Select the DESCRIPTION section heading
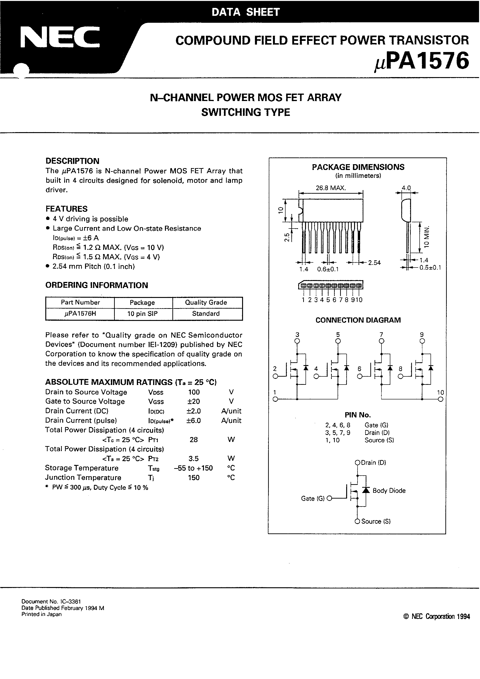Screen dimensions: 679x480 pyautogui.click(x=72, y=161)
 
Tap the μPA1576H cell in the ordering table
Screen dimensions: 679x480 pyautogui.click(x=80, y=314)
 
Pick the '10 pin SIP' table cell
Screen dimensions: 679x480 pyautogui.click(x=142, y=314)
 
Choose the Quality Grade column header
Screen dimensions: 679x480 pyautogui.click(x=206, y=302)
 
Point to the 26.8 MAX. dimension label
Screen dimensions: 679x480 pyautogui.click(x=331, y=188)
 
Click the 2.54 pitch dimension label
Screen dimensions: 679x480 pyautogui.click(x=374, y=262)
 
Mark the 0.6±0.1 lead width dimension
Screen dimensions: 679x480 pyautogui.click(x=328, y=269)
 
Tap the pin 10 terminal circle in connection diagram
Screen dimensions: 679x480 pyautogui.click(x=441, y=400)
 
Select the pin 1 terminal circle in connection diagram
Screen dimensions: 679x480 pyautogui.click(x=275, y=400)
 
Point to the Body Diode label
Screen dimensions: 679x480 pyautogui.click(x=389, y=491)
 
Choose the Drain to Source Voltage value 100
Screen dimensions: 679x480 pyautogui.click(x=194, y=392)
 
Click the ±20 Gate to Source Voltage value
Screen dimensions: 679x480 pyautogui.click(x=194, y=402)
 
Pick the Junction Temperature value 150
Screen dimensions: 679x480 pyautogui.click(x=194, y=478)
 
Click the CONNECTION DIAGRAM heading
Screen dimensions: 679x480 pyautogui.click(x=358, y=320)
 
